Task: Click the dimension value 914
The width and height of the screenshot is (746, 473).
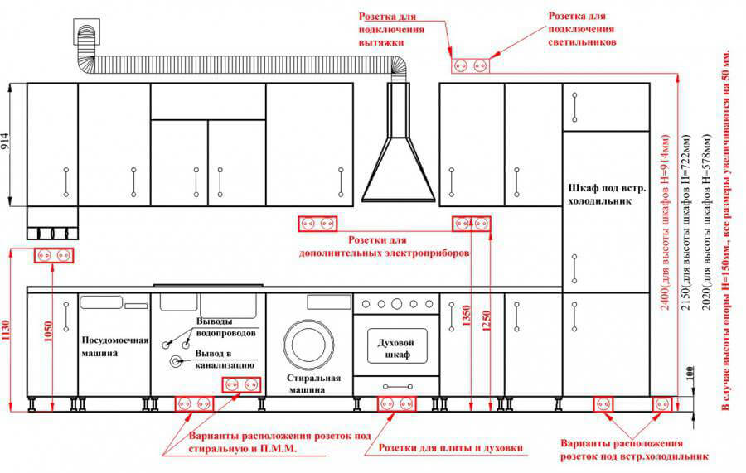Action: coord(5,142)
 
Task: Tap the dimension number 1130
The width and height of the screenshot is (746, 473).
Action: coord(6,330)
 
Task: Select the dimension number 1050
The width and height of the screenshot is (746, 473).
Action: coord(47,331)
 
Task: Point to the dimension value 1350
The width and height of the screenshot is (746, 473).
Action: coord(466,315)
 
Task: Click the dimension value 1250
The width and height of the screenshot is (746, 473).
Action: coord(486,321)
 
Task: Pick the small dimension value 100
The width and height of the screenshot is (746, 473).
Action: coord(690,373)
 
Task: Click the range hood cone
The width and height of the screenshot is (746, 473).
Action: coord(398,170)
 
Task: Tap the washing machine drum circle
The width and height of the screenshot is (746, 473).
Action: coord(309,344)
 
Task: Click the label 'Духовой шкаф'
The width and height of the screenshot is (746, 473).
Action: coord(396,349)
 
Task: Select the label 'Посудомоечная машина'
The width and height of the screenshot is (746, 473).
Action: coord(114,346)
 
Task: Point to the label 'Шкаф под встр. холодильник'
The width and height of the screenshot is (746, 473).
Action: coord(607,195)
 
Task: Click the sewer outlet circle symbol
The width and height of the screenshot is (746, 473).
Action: coord(176,362)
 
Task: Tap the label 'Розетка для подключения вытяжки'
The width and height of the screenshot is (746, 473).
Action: coord(391,30)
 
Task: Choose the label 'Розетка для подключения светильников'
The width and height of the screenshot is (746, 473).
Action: coord(582,28)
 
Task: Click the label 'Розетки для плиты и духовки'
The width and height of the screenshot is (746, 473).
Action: coord(451,448)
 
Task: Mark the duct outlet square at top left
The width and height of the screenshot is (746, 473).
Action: coord(86,31)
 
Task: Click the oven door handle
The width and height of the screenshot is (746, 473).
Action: coord(398,387)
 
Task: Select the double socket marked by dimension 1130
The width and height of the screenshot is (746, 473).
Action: coord(54,256)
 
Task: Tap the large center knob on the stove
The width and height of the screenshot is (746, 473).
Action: coord(397,304)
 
